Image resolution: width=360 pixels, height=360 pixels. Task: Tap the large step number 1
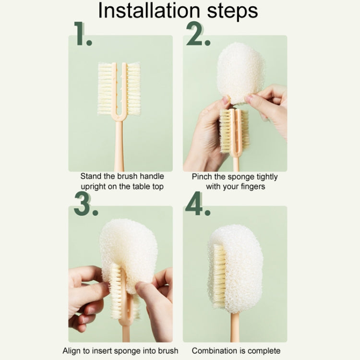83,35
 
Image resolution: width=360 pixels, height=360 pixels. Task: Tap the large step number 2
197,35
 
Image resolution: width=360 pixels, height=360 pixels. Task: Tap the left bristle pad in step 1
105,89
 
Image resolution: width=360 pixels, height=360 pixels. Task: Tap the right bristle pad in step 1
133,89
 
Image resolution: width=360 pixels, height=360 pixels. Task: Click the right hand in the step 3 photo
156,298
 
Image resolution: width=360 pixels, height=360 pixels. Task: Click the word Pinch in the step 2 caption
202,177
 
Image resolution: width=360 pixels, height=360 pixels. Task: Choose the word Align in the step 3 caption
72,351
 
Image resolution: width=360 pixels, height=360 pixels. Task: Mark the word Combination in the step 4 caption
214,351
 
